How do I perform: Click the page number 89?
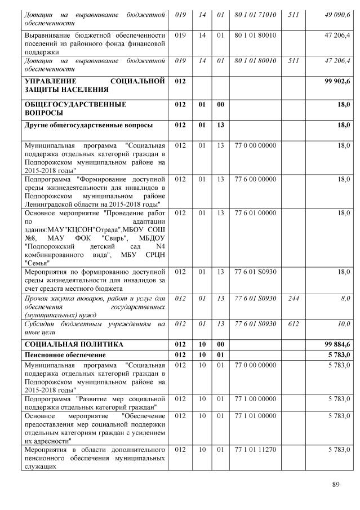[336, 484]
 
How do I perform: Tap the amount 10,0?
[343, 324]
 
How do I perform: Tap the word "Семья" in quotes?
[37, 263]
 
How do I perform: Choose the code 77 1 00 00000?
[255, 399]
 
